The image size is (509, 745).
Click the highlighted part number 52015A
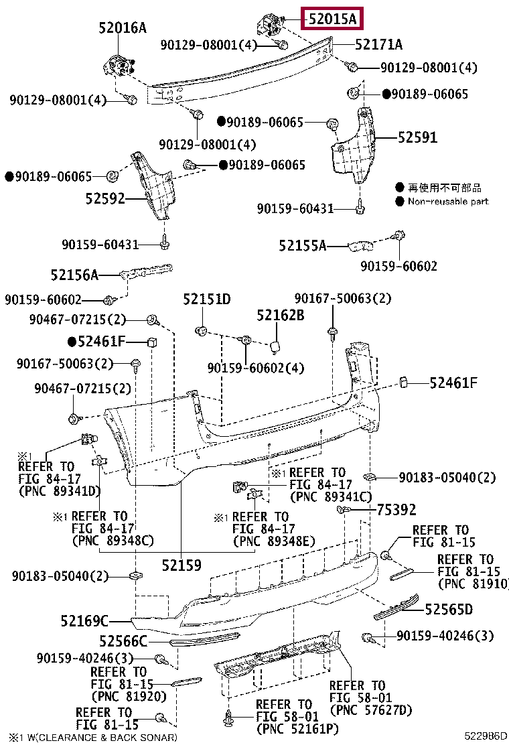pyautogui.click(x=332, y=19)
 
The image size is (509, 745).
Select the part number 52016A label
pyautogui.click(x=122, y=27)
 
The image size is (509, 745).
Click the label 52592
pyautogui.click(x=105, y=198)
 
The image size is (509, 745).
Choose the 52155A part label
pyautogui.click(x=302, y=247)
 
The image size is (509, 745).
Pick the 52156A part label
pyautogui.click(x=74, y=275)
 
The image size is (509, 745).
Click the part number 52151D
pyautogui.click(x=206, y=299)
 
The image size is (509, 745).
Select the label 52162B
pyautogui.click(x=280, y=314)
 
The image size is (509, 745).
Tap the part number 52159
pyautogui.click(x=181, y=565)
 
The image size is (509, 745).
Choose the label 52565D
pyautogui.click(x=449, y=609)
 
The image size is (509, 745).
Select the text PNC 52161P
pyautogui.click(x=288, y=728)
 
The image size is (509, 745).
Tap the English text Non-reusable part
pyautogui.click(x=448, y=201)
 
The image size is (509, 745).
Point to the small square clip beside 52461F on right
pyautogui.click(x=405, y=382)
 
